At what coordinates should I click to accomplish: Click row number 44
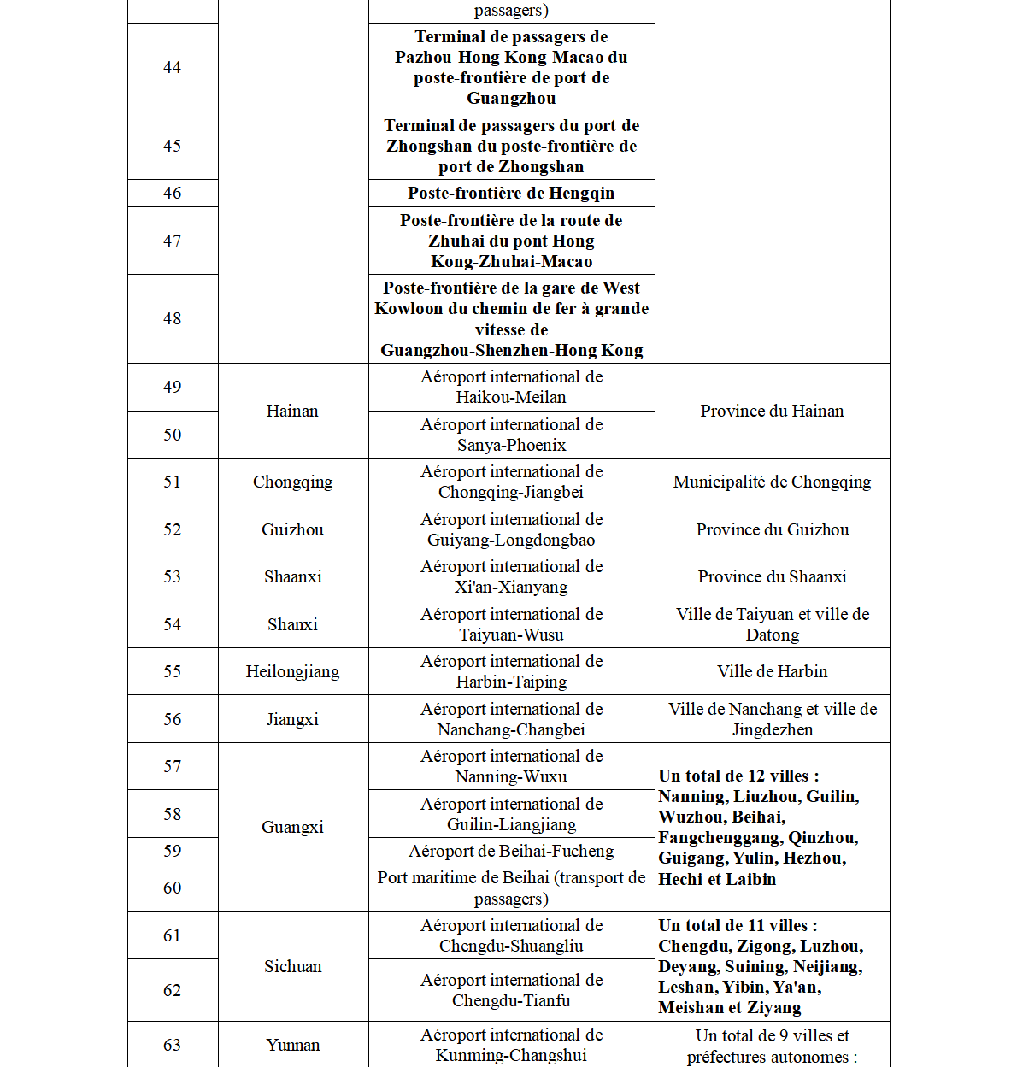coord(172,67)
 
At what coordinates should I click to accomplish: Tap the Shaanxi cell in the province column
coord(292,576)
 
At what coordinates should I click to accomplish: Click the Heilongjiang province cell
coord(292,671)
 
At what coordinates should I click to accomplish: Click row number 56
coord(172,719)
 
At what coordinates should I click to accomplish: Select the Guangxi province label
coord(292,827)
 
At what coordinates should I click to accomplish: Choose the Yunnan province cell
coord(292,1045)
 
